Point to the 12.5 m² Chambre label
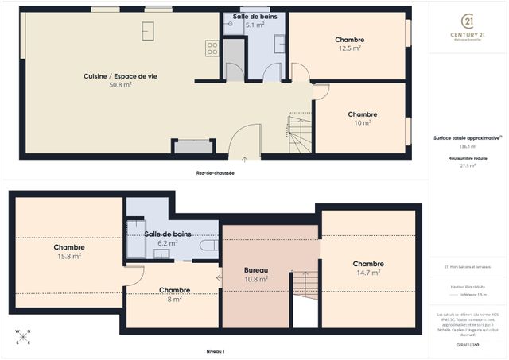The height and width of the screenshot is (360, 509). tap(349, 44)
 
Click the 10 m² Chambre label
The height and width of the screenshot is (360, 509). tap(362, 118)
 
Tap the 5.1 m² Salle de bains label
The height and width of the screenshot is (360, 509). tap(254, 21)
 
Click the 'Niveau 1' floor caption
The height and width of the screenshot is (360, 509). tap(216, 350)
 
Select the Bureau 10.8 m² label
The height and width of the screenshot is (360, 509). tap(255, 275)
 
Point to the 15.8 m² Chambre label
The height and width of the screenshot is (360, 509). tap(69, 251)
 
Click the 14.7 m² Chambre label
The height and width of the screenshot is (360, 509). tap(368, 268)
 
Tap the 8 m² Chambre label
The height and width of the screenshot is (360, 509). tap(174, 295)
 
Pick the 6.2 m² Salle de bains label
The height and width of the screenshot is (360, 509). tap(167, 238)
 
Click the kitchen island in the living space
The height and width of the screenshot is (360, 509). tap(148, 30)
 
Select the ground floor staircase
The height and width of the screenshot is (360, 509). tap(300, 133)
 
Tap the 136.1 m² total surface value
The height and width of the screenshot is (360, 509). tap(467, 146)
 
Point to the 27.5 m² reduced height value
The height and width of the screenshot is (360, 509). tap(467, 166)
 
